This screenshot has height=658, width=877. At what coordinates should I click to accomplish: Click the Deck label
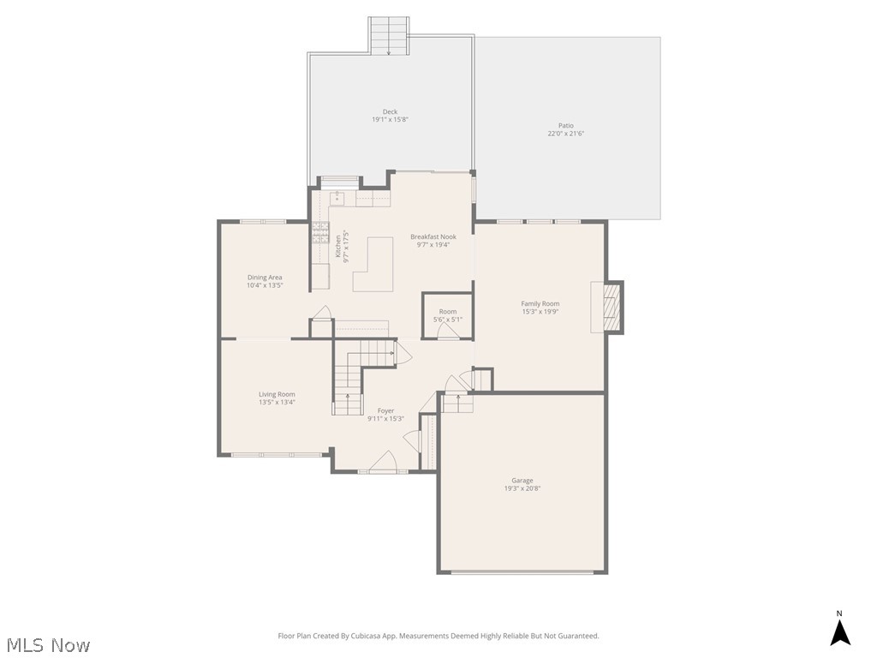click(390, 111)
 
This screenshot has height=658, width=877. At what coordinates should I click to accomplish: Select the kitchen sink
click(337, 199)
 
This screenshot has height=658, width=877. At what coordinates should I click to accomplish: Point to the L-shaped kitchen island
click(370, 266)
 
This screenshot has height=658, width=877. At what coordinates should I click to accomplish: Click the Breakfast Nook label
click(433, 236)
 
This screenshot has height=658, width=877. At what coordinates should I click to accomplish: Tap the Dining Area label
click(265, 278)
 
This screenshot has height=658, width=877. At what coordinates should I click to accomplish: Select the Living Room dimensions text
click(277, 402)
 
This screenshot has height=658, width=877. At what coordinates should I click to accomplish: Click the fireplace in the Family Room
click(611, 307)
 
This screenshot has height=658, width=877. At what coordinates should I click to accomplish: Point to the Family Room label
click(540, 303)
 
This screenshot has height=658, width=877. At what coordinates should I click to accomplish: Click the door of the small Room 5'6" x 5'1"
click(446, 332)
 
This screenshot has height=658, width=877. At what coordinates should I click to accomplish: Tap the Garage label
click(522, 481)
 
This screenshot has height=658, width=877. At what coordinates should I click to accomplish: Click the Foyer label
click(385, 411)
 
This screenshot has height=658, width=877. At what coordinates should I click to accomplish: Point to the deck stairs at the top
click(389, 36)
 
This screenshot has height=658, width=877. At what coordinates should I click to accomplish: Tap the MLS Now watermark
click(47, 644)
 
